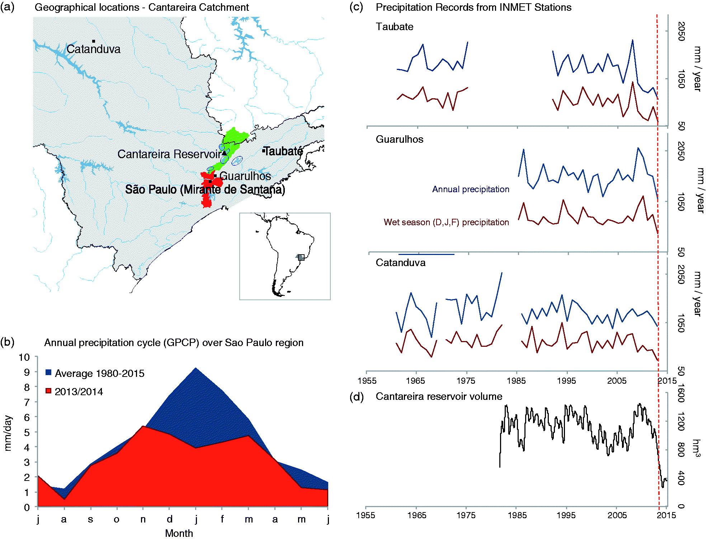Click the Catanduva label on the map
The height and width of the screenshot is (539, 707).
(x=94, y=49)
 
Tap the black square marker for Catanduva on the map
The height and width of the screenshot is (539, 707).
(x=93, y=41)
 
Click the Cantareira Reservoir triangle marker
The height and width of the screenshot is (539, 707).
(x=224, y=153)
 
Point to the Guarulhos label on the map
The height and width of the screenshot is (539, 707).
(x=245, y=176)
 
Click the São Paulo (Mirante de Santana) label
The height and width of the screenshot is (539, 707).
(x=205, y=189)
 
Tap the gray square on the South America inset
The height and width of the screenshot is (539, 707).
(x=301, y=257)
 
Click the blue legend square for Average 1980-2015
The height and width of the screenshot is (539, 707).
(x=48, y=373)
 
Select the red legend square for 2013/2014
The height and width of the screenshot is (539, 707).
(x=48, y=391)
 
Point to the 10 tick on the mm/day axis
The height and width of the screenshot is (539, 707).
(x=24, y=357)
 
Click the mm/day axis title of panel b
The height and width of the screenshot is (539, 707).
(x=8, y=433)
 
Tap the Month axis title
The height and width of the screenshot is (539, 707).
(x=179, y=533)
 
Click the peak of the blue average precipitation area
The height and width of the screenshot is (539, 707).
(x=195, y=368)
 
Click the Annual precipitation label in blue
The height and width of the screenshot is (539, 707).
(x=471, y=189)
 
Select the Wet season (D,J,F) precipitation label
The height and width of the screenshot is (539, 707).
(x=446, y=222)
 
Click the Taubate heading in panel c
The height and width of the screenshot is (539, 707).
(x=395, y=27)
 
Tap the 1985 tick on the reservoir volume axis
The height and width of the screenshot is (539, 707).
(x=517, y=515)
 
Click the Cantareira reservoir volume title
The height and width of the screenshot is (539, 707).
(x=439, y=397)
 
